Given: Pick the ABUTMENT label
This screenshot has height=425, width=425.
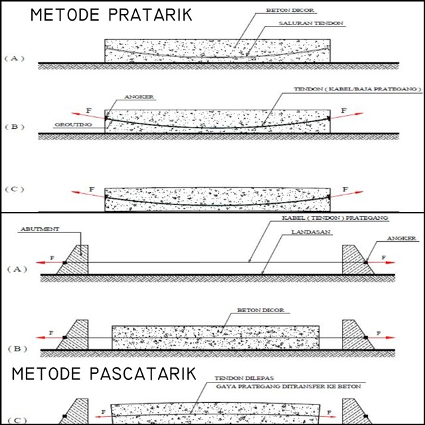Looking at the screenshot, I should click(x=58, y=228).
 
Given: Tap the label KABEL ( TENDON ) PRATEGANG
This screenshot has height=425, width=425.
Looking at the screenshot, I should click(x=330, y=218).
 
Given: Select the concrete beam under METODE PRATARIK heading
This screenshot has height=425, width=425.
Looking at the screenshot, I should click(x=218, y=51).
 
